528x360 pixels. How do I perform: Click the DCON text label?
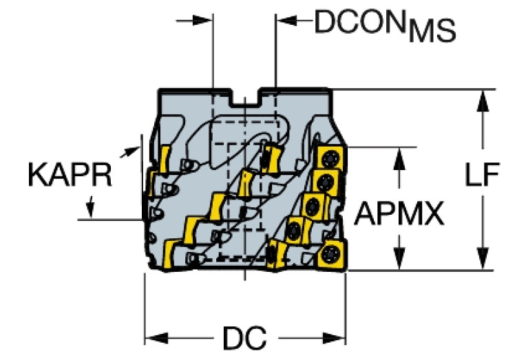point(359,22)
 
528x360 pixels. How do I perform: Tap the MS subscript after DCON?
point(432,32)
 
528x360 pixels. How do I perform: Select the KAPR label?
point(70,174)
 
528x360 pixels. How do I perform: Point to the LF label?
point(482,174)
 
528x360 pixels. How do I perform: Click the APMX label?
point(399,213)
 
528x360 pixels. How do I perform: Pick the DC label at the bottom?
point(245,338)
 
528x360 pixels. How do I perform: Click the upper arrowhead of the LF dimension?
point(483,100)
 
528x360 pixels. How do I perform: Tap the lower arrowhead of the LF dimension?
point(483,259)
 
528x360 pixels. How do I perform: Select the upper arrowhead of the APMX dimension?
point(399,158)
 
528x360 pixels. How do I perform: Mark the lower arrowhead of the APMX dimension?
point(399,259)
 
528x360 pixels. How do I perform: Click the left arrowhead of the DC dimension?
point(156,338)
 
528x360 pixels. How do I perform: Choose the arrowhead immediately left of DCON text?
point(286,21)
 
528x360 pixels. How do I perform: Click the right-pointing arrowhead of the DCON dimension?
point(202,21)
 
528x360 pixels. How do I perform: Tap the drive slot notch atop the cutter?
point(245,98)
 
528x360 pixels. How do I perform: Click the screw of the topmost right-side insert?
point(329,158)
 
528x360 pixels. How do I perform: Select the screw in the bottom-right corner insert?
point(329,254)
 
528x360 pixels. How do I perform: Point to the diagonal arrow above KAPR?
point(130,152)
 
